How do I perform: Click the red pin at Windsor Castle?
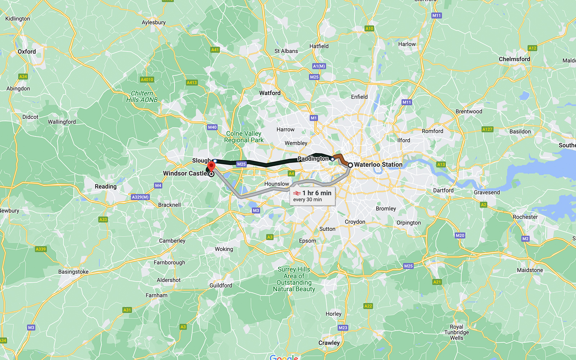(x=211, y=166)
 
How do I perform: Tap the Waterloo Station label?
(x=378, y=165)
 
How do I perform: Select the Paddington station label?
(x=313, y=159)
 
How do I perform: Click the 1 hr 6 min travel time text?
(x=316, y=193)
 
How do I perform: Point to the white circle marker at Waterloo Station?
(x=350, y=165)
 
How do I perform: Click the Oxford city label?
(x=27, y=51)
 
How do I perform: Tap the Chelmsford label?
(x=514, y=59)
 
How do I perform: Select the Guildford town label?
(x=221, y=285)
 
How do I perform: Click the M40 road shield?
(x=212, y=127)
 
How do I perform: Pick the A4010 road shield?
(x=147, y=80)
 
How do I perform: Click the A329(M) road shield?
(x=140, y=197)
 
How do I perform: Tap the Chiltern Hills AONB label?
(x=142, y=96)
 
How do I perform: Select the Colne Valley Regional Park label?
(x=244, y=137)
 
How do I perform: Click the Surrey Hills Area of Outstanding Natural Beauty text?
(x=294, y=279)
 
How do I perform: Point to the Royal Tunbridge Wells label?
(x=456, y=332)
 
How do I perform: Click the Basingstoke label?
(x=73, y=272)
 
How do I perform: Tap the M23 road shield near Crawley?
(x=343, y=328)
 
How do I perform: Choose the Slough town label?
(x=201, y=161)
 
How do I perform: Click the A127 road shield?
(x=487, y=129)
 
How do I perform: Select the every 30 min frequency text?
(x=307, y=200)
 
